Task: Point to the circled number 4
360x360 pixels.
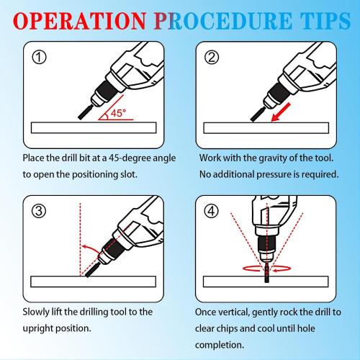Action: coord(211,211)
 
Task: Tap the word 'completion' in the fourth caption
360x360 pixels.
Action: coord(220,343)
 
